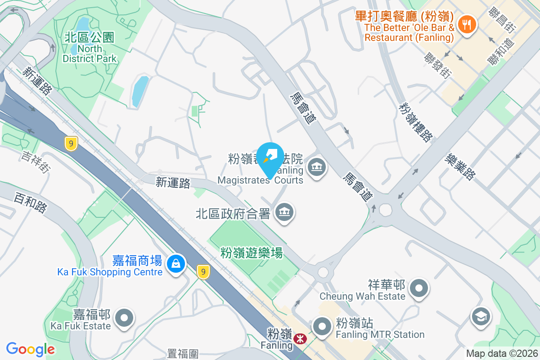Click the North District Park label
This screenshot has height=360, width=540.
pos(90,47)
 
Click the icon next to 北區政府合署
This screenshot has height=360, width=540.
pos(284,212)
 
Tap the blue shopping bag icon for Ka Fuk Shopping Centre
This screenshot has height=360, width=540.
pos(175,263)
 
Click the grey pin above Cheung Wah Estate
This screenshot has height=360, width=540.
pos(419,288)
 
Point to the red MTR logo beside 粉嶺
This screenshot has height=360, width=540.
pos(298,337)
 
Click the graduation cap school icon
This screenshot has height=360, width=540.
pos(481,316)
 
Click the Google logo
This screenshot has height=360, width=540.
pos(31,349)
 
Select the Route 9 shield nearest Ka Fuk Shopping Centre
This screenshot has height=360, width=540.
pos(204,271)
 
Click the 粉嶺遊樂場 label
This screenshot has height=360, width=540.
pos(252,253)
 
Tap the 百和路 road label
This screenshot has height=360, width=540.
pos(30,202)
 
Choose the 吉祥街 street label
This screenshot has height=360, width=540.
pos(35,162)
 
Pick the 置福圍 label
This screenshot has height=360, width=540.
pos(183,354)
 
